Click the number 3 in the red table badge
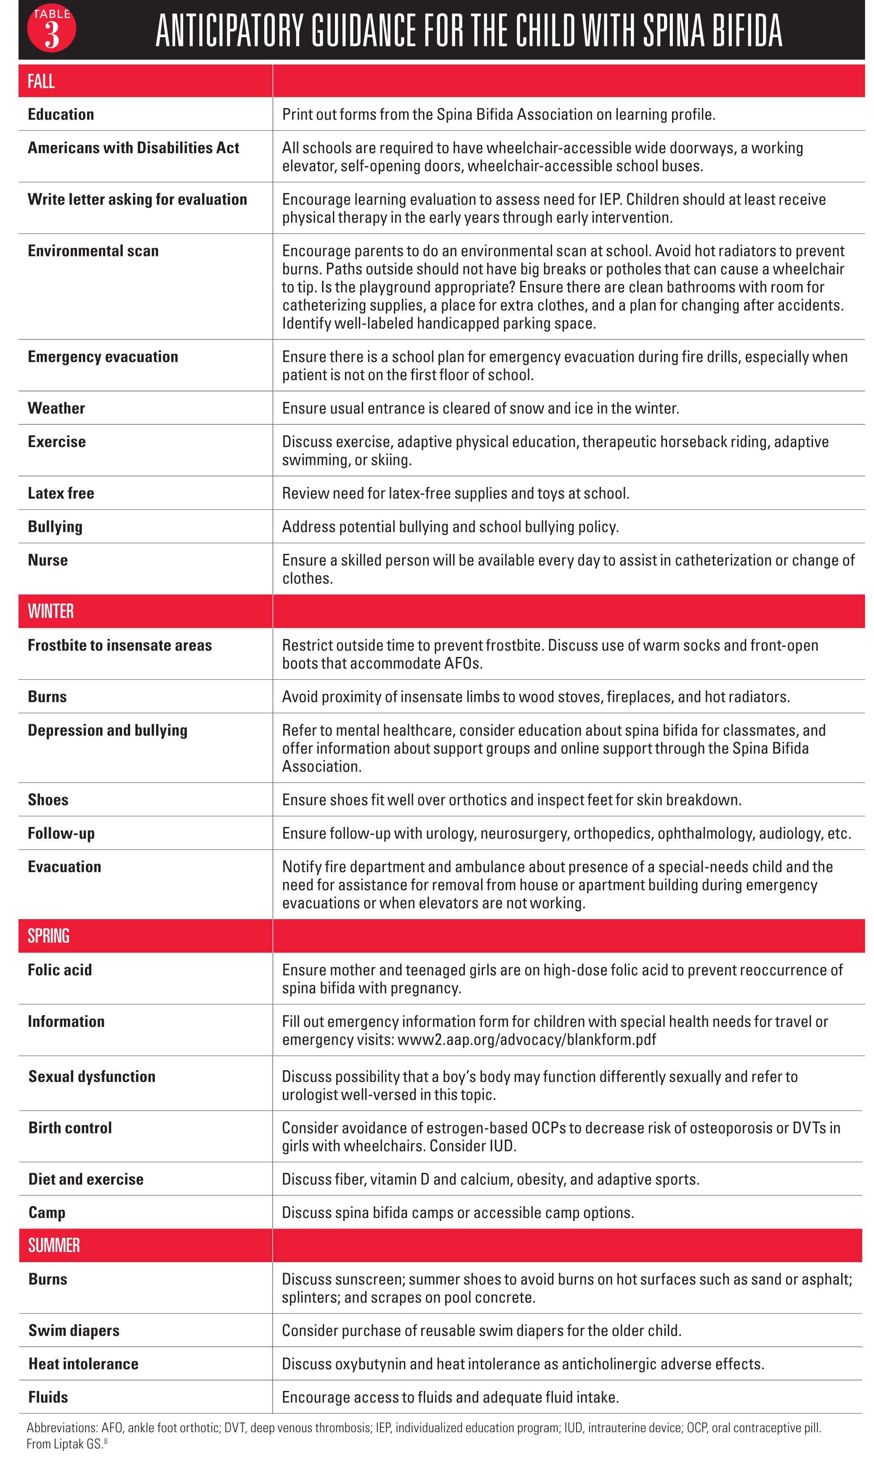pos(52,35)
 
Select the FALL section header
pos(41,81)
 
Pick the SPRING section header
pos(48,936)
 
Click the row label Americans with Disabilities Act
pos(133,148)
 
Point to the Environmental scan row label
pos(93,251)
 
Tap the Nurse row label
pos(48,560)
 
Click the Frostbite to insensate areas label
pos(120,646)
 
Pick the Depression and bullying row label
pos(107,730)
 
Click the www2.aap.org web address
pos(526,1040)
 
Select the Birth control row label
pos(70,1128)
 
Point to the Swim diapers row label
pos(74,1330)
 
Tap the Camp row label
pos(47,1212)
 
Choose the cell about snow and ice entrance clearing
pos(481,408)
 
